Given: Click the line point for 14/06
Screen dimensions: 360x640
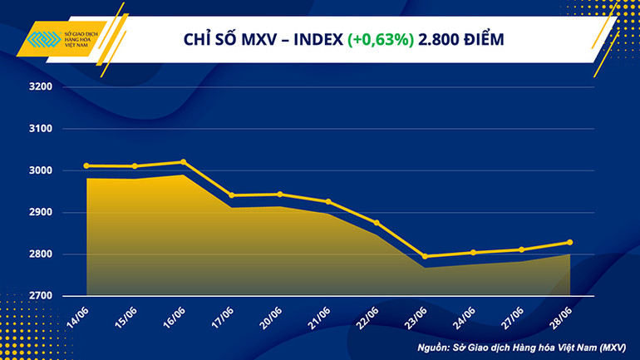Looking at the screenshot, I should [x=86, y=165].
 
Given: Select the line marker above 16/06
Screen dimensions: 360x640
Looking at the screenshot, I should [x=183, y=162].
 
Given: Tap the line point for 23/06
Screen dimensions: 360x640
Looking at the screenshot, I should [x=425, y=256].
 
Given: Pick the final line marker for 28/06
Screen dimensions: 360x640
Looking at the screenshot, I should [x=569, y=243].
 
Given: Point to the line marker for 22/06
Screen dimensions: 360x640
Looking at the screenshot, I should [x=377, y=223].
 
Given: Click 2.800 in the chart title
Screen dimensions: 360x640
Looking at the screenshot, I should [x=439, y=40].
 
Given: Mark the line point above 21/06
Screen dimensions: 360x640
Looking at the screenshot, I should [x=328, y=202].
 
